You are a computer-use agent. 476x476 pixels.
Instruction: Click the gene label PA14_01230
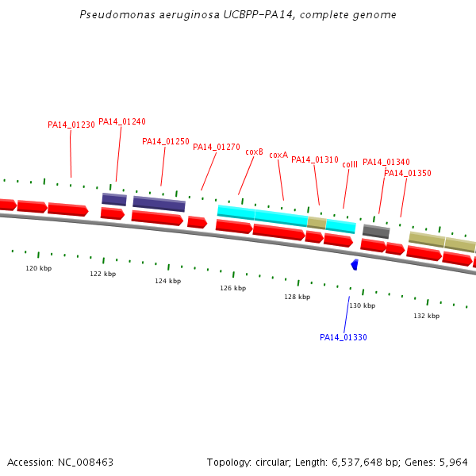[x=71, y=125]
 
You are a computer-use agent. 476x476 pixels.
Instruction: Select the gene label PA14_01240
[x=122, y=122]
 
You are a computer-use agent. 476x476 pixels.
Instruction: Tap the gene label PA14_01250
[x=166, y=142]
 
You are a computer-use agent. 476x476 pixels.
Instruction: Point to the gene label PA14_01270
[x=217, y=148]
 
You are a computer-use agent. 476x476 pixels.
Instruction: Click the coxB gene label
[x=254, y=152]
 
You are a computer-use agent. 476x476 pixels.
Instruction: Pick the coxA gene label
[x=278, y=155]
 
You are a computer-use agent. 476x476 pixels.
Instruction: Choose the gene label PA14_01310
[x=315, y=160]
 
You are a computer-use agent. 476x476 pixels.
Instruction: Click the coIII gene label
[x=350, y=164]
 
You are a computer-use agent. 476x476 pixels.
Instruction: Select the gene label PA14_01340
[x=386, y=163]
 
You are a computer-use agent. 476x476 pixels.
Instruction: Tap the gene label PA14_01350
[x=408, y=174]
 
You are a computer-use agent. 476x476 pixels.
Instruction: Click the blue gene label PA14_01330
[x=344, y=338]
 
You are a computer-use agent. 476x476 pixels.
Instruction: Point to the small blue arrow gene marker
[x=355, y=264]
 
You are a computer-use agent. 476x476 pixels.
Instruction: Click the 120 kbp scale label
[x=39, y=269]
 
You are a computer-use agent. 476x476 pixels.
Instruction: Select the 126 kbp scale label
[x=233, y=289]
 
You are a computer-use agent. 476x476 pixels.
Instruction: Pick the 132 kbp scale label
[x=427, y=317]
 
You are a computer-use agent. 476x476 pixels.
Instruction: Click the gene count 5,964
[x=452, y=463]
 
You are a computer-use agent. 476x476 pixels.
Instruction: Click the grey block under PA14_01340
[x=376, y=231]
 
